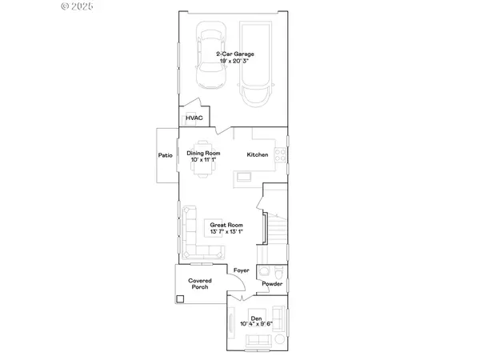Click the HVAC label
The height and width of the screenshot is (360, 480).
194,118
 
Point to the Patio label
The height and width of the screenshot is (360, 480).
166,155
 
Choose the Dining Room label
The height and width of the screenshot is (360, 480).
203,154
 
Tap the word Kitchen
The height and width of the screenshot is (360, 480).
257,154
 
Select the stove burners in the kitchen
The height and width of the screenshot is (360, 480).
280,154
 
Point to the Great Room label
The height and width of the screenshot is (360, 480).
226,226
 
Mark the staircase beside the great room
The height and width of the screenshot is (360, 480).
274,224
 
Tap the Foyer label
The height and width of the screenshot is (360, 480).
241,270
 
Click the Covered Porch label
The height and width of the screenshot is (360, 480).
199,284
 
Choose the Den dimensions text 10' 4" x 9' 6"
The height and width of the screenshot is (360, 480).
257,323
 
